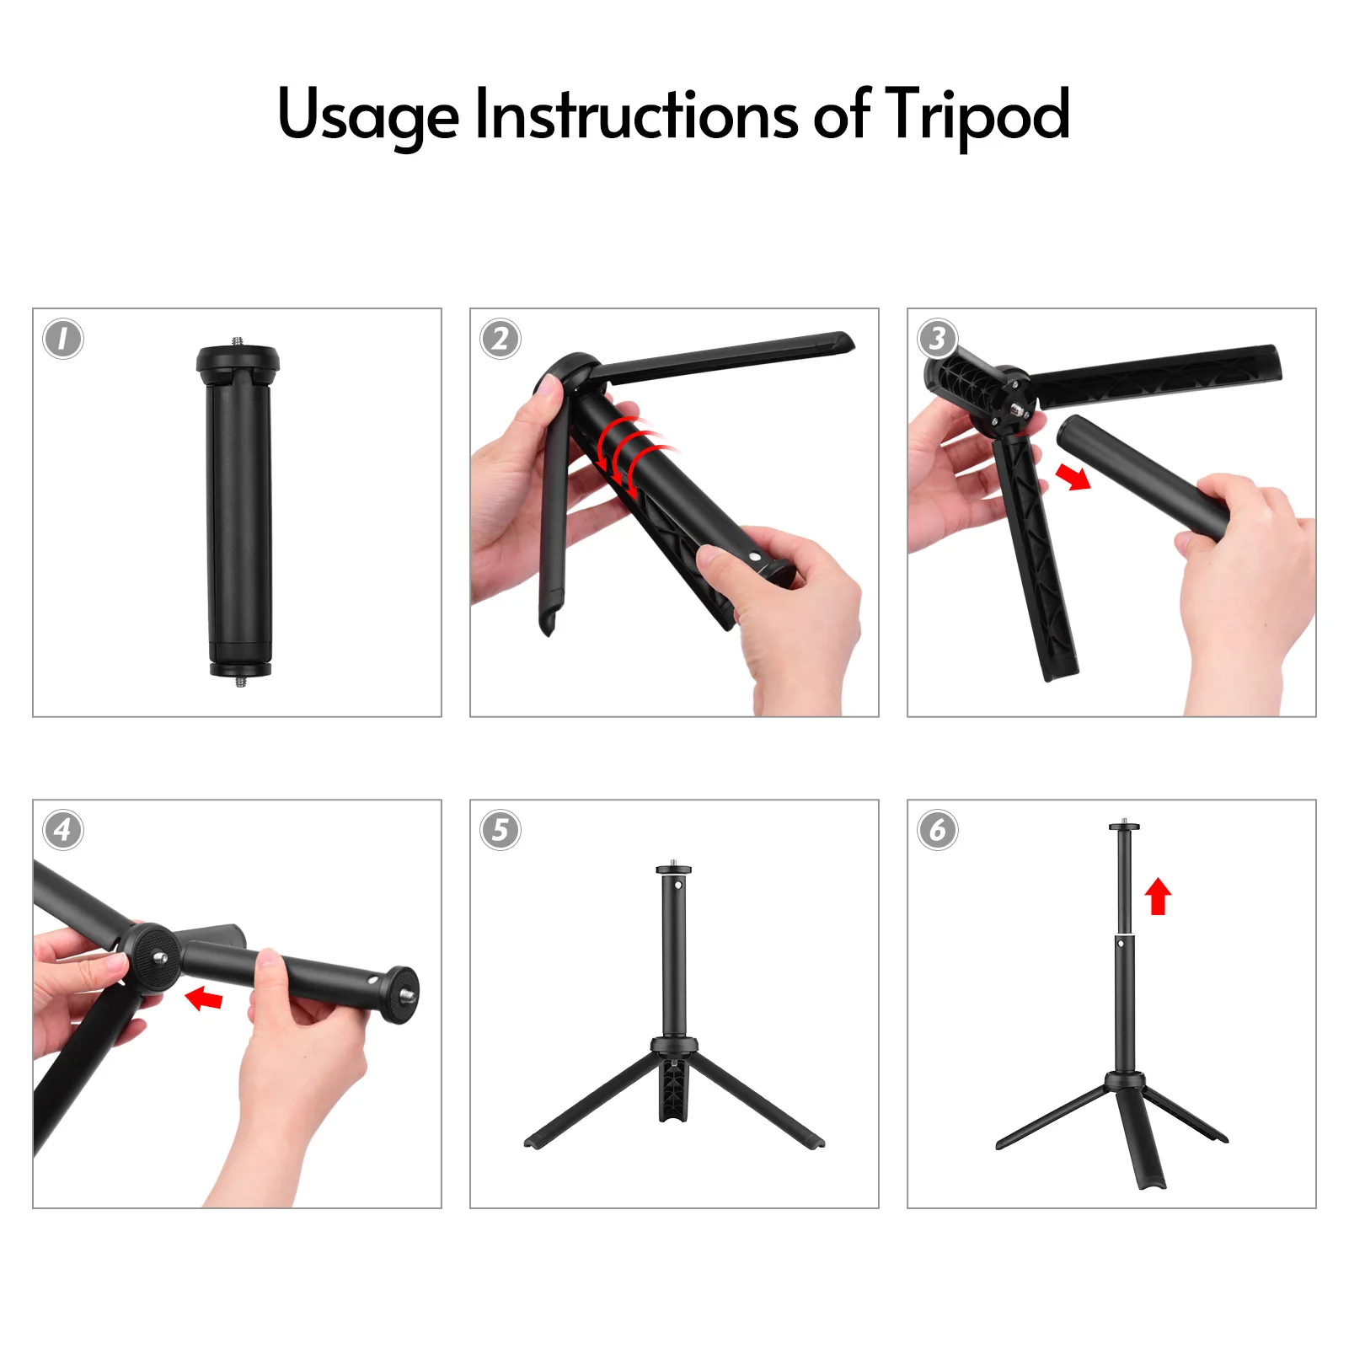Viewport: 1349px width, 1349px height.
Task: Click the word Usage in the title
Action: point(368,115)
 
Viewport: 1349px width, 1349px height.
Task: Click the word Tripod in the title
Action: point(977,115)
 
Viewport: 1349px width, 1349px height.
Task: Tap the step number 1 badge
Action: point(63,340)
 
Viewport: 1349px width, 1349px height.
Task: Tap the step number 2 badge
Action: point(501,340)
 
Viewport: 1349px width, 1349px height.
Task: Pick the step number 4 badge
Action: point(63,831)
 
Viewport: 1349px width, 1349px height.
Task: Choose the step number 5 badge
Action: point(501,831)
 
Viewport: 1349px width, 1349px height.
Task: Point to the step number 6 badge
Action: point(938,831)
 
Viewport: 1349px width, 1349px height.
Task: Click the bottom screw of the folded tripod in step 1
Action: point(240,682)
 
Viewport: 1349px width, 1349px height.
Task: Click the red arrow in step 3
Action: point(1073,478)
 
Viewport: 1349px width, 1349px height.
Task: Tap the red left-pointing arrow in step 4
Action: point(204,999)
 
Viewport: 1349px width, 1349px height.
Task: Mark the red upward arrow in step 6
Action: point(1159,896)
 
